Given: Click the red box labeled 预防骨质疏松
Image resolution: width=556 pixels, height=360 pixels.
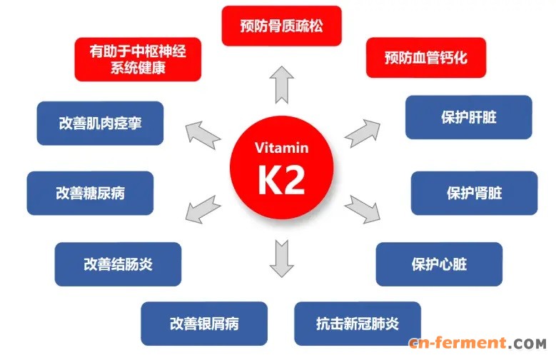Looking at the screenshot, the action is (x=281, y=26).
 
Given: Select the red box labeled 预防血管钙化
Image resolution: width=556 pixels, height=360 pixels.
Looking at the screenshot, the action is (x=426, y=58).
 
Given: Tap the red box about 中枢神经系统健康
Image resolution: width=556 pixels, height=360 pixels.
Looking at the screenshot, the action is (x=138, y=59).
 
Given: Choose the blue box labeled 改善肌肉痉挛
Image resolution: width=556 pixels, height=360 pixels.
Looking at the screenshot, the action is (x=100, y=123).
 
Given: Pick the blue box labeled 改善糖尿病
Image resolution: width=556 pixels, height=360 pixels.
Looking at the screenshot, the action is (x=90, y=193).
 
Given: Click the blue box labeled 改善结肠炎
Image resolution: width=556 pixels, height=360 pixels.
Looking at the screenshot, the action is (x=118, y=264).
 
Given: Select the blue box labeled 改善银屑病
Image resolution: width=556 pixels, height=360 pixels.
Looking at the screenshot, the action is (x=204, y=324).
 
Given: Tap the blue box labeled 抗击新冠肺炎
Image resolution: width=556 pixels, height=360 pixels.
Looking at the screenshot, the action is (x=358, y=324).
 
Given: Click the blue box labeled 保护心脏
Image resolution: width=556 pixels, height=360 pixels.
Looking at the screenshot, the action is (x=439, y=264).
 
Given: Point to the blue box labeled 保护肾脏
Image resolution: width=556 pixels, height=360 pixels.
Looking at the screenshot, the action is (x=474, y=193).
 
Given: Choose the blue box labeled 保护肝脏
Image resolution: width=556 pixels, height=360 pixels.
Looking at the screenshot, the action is (x=469, y=117).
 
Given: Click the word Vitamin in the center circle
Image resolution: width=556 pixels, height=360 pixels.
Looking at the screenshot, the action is (x=281, y=148).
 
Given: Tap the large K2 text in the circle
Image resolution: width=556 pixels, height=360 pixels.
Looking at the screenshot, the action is (x=281, y=180).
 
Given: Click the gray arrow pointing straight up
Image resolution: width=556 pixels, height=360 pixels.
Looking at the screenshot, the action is (x=281, y=85).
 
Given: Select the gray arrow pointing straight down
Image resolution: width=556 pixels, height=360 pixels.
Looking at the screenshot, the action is (x=281, y=259).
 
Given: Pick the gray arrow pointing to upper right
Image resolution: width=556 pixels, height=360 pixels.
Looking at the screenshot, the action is (x=363, y=134).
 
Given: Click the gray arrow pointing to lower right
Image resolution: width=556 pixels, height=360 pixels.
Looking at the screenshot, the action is (x=363, y=209).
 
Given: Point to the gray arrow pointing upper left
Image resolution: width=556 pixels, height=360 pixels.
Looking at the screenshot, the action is (x=203, y=135).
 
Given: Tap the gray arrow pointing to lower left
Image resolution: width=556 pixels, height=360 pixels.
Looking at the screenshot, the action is (x=203, y=209).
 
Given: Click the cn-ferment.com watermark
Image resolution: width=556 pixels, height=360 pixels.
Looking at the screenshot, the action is (x=477, y=343).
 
